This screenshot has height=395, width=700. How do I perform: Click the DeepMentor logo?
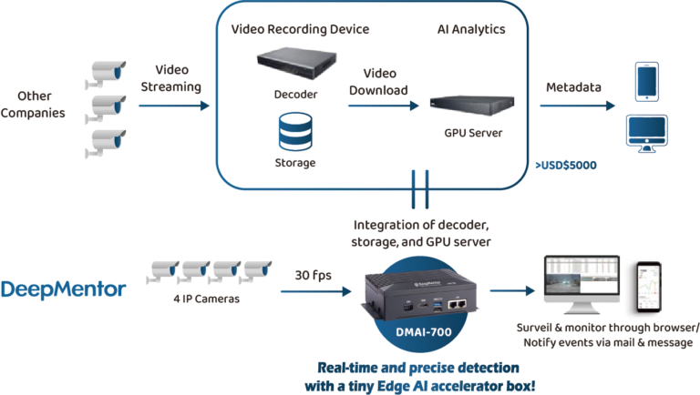point(63,290)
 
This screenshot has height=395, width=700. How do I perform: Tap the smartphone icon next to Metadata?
point(646,80)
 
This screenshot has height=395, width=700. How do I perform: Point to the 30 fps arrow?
point(314,291)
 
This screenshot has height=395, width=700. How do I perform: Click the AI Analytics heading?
point(469,29)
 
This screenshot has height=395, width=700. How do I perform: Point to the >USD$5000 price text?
point(564,165)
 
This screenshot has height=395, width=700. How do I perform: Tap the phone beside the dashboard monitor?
point(646,285)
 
